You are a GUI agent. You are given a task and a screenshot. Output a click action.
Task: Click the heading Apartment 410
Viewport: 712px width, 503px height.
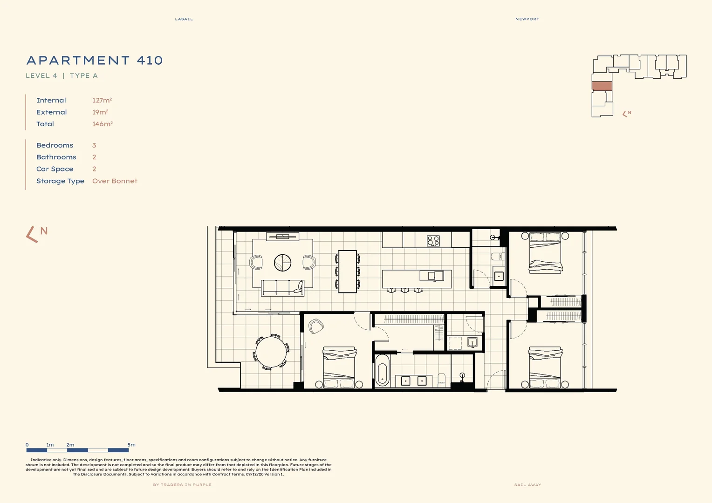95,61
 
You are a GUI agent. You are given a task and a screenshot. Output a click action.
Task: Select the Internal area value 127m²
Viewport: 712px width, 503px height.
102,100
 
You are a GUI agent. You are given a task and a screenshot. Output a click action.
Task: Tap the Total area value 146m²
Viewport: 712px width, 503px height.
103,124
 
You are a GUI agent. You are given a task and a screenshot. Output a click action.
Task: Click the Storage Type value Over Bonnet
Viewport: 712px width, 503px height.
115,181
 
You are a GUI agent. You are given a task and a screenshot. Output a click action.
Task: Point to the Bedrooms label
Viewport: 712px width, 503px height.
55,145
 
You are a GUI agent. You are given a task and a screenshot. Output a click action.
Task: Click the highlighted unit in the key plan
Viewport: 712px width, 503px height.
602,86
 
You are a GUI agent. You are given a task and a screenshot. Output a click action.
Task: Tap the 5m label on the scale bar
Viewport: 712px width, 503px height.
131,445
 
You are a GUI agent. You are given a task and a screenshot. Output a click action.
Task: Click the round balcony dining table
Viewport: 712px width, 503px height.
271,352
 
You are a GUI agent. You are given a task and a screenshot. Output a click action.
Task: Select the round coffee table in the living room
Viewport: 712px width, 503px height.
282,263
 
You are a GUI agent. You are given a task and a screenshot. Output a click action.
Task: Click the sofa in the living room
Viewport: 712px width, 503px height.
282,288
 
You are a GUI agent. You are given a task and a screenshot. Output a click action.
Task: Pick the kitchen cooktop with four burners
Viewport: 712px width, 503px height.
433,241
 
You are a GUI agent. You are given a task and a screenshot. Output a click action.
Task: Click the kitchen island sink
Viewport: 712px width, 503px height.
432,276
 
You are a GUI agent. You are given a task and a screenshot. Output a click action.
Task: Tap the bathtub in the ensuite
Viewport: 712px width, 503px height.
382,371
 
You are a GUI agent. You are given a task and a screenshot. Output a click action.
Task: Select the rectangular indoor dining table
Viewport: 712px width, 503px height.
347,272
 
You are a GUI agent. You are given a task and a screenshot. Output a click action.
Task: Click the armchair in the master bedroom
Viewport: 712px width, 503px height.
316,326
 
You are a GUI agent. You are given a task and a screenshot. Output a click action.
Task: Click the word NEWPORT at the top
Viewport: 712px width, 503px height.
527,19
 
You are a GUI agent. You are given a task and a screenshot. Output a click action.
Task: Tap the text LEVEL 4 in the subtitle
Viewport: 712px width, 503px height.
41,75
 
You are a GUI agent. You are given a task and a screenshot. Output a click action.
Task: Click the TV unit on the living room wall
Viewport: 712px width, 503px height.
282,237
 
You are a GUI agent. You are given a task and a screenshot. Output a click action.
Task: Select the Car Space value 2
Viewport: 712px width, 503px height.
94,169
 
